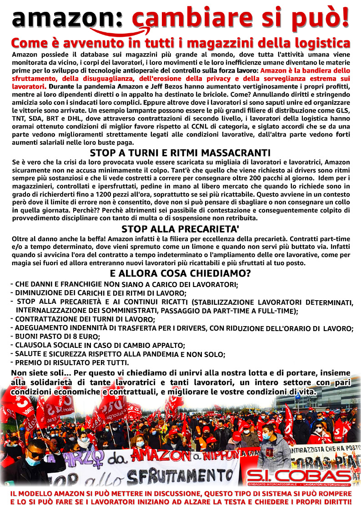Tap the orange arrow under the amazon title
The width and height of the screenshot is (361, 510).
119,32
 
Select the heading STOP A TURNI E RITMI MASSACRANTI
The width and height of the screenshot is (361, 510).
180,153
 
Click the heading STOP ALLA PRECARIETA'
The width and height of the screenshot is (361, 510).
180,229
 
